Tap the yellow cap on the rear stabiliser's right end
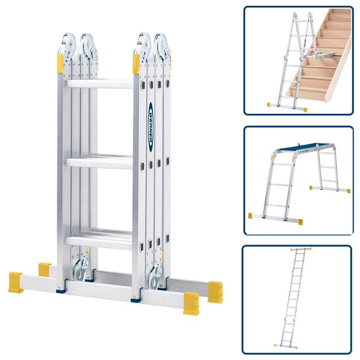point(215,291)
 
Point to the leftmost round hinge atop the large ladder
point(67,43)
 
